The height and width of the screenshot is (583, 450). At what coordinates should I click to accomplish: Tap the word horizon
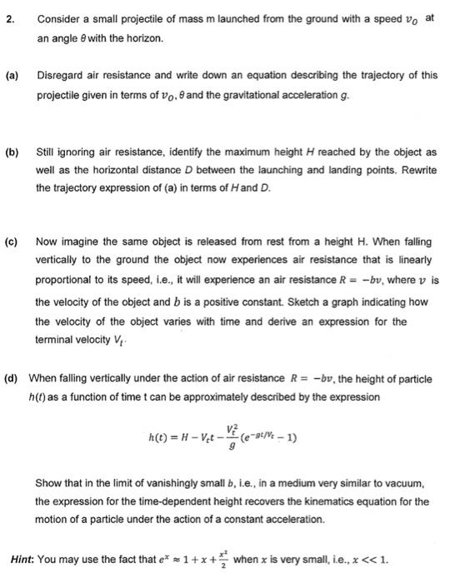tap(142, 38)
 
